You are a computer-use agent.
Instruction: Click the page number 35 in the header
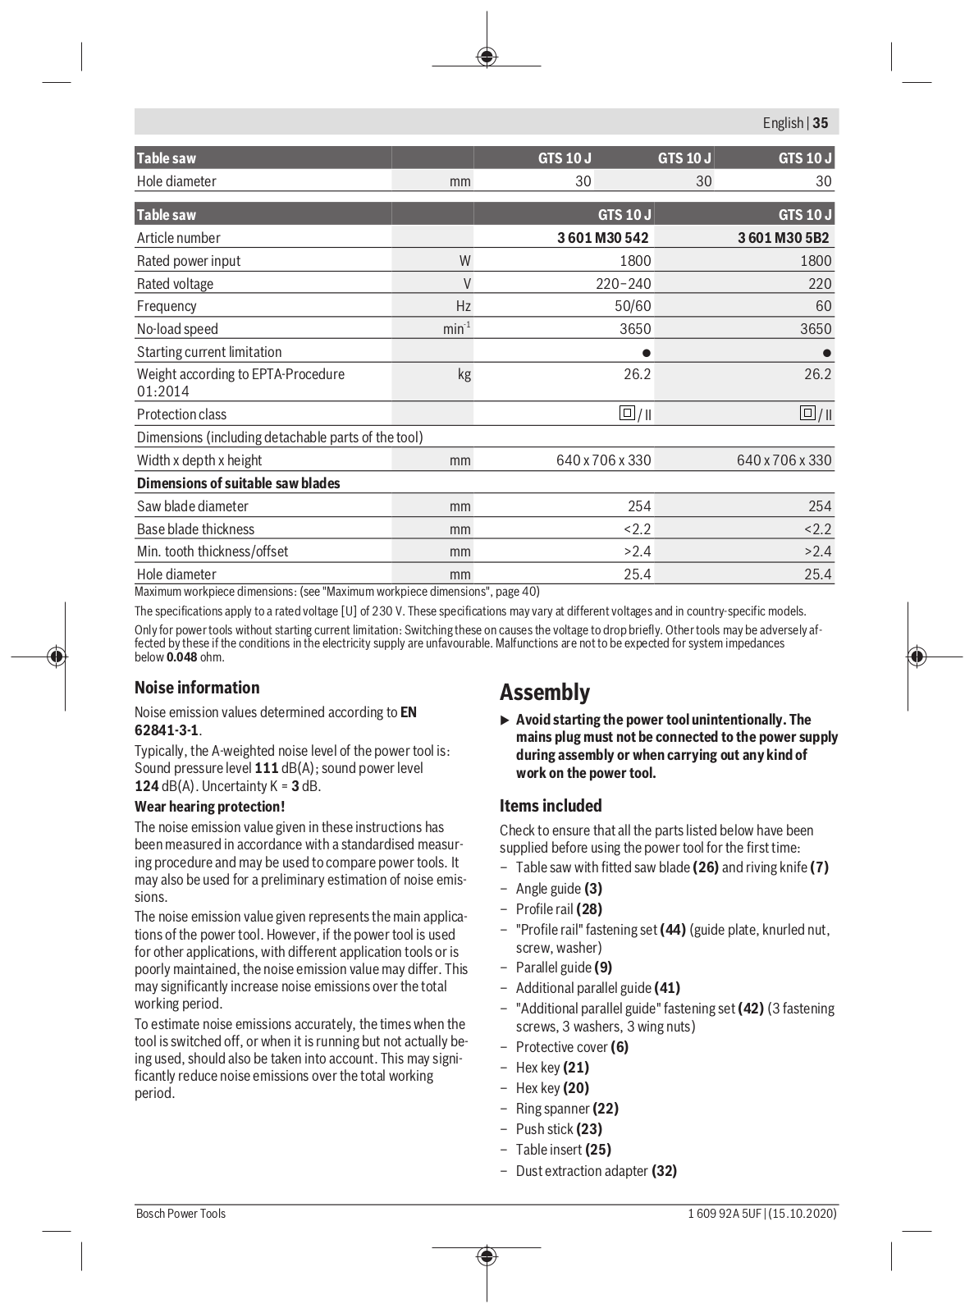pyautogui.click(x=821, y=123)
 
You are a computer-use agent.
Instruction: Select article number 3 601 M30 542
pyautogui.click(x=602, y=238)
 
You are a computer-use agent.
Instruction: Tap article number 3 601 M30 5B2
pyautogui.click(x=783, y=238)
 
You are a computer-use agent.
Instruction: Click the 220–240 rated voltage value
pyautogui.click(x=623, y=284)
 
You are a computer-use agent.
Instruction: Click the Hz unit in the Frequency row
pyautogui.click(x=463, y=306)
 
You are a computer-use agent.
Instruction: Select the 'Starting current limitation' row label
pyautogui.click(x=209, y=352)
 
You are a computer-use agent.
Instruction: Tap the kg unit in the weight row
pyautogui.click(x=464, y=374)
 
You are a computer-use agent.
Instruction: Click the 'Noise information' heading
pyautogui.click(x=197, y=688)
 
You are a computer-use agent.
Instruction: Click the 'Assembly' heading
pyautogui.click(x=545, y=693)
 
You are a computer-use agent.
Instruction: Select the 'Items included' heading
pyautogui.click(x=551, y=806)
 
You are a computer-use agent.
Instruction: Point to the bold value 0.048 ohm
pyautogui.click(x=181, y=656)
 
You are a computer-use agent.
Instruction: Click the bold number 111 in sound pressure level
pyautogui.click(x=267, y=768)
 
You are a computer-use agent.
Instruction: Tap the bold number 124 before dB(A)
pyautogui.click(x=146, y=786)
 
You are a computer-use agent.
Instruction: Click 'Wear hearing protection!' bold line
pyautogui.click(x=210, y=807)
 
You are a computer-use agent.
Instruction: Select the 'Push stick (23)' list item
pyautogui.click(x=559, y=1129)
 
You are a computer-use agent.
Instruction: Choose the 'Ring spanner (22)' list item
pyautogui.click(x=567, y=1109)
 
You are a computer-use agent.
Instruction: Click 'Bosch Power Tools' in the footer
pyautogui.click(x=181, y=1214)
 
